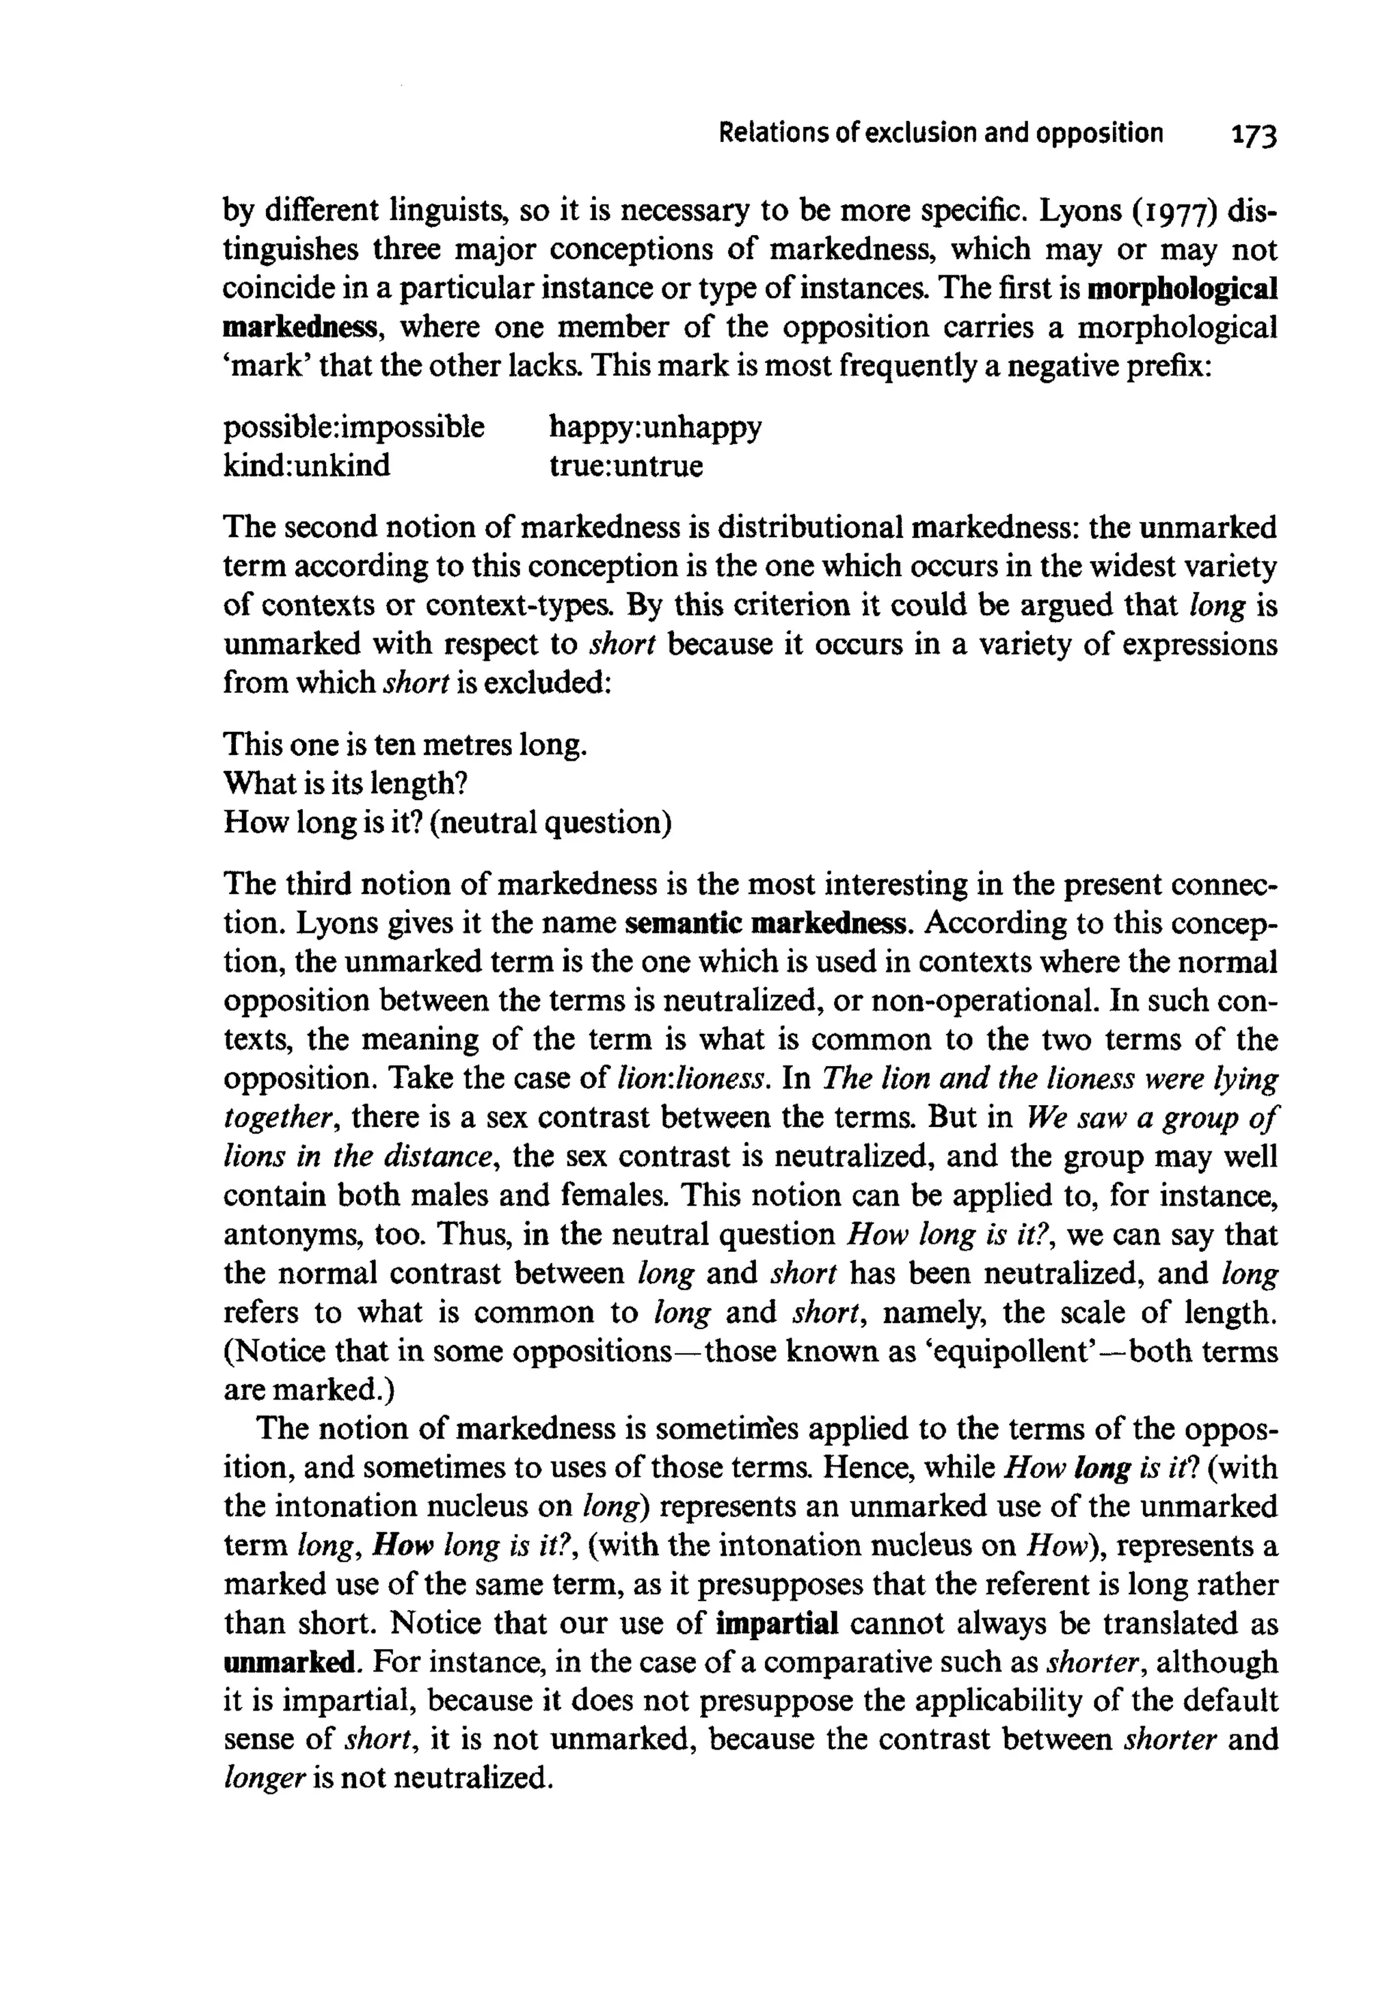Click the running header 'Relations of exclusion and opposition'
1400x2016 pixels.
941,133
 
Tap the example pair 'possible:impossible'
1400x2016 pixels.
353,427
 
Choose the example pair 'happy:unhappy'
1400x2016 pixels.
654,427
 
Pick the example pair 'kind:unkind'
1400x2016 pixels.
306,465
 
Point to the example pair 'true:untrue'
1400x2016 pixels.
625,465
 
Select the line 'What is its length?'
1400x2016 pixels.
344,783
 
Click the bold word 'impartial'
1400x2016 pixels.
777,1623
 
